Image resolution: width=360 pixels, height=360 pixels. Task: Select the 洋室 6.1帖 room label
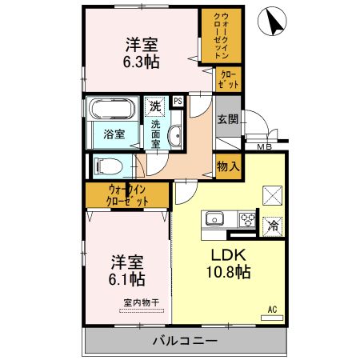coord(128,270)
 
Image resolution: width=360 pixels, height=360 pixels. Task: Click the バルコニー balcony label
coord(186,342)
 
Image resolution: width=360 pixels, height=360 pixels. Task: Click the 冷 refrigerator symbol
coord(273,225)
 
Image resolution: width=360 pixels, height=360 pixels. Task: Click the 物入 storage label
coord(228,166)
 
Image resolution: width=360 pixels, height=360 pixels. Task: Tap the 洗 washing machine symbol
coord(154,105)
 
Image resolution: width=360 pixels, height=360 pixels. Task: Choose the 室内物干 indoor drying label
coord(141,302)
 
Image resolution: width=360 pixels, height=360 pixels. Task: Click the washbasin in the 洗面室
coord(176,134)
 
